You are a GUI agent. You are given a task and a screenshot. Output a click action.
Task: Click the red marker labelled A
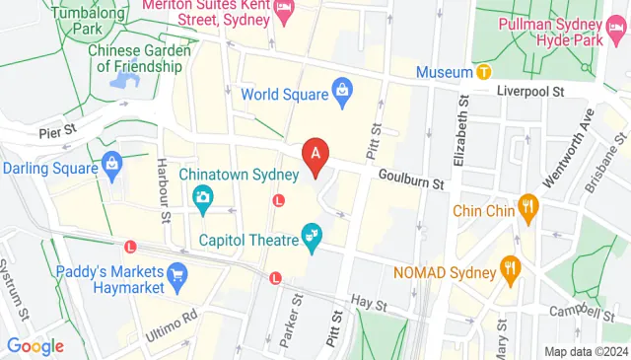(315, 156)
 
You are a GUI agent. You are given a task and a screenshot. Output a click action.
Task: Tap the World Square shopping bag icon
(342, 94)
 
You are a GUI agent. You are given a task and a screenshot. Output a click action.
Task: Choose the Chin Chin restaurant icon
(529, 209)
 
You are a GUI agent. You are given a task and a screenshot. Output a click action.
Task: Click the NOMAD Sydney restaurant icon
(511, 267)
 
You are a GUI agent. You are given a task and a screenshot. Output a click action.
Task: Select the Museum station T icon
(483, 72)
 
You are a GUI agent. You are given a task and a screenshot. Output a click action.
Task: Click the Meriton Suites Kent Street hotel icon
(284, 11)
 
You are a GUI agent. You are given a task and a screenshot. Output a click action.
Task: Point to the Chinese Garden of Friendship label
(135, 58)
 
